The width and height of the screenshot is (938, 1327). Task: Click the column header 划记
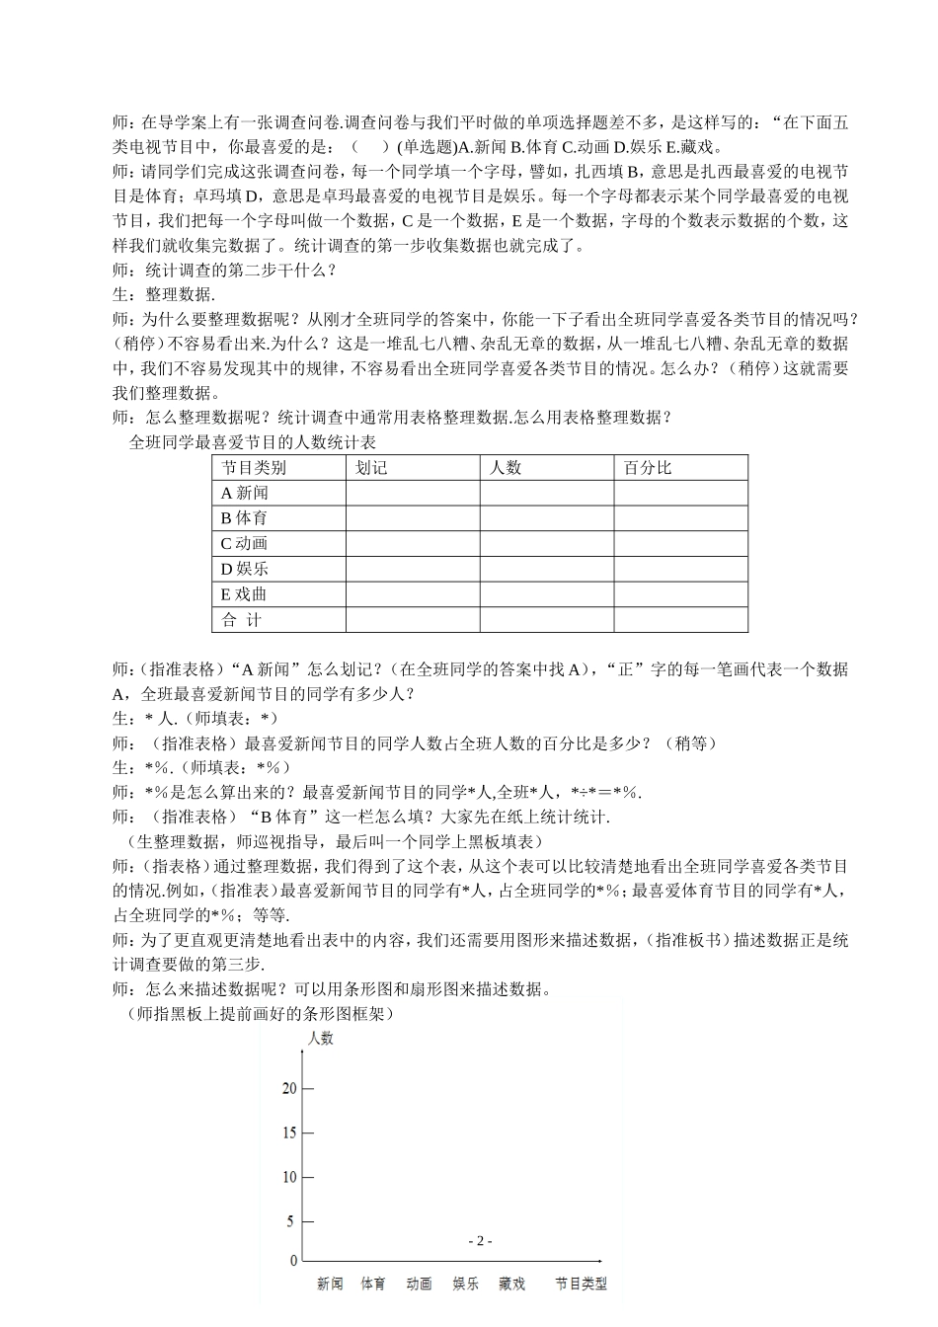click(x=371, y=468)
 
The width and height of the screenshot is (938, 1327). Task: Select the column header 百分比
click(x=647, y=468)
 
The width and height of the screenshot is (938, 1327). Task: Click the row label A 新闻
click(x=244, y=493)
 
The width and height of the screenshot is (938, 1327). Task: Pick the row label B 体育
click(x=244, y=517)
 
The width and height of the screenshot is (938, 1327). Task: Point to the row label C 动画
click(x=244, y=543)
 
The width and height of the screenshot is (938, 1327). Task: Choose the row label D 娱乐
click(x=244, y=569)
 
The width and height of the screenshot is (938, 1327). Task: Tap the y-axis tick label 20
click(x=288, y=1089)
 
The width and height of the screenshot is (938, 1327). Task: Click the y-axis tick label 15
click(x=288, y=1132)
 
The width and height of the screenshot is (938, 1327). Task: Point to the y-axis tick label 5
click(x=291, y=1221)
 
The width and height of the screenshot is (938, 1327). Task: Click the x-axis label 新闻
click(x=330, y=1284)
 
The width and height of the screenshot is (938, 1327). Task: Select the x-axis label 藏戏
click(x=512, y=1284)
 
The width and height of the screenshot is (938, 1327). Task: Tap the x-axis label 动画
click(x=420, y=1284)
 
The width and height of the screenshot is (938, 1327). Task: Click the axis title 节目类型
click(x=581, y=1284)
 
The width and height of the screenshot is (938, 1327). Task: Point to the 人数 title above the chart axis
click(x=321, y=1038)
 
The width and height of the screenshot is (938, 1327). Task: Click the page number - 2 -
click(x=479, y=1241)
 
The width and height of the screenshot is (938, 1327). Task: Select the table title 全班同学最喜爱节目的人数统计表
click(x=253, y=442)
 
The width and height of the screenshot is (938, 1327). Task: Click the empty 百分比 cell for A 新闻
click(x=680, y=493)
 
